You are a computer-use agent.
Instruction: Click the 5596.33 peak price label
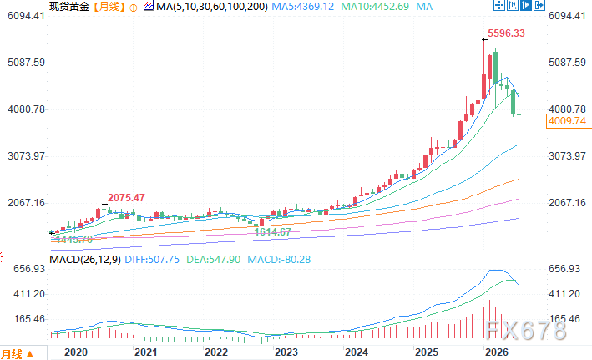506,33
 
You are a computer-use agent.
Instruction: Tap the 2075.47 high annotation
126,198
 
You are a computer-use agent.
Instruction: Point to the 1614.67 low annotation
272,232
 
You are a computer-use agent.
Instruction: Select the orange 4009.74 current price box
569,121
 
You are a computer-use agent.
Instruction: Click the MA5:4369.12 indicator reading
303,7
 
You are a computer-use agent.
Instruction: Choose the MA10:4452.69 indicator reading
375,7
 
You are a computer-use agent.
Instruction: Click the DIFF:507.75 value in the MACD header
152,260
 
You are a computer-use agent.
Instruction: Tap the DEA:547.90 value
213,260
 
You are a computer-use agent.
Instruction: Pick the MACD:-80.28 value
279,260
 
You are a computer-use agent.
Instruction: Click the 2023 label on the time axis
286,352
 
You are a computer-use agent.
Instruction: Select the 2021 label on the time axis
146,352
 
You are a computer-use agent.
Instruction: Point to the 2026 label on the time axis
497,352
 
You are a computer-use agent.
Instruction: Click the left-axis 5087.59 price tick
26,63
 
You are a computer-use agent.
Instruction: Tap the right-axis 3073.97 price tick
567,156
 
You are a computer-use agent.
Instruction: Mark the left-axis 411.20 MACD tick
29,294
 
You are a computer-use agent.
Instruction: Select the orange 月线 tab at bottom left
12,354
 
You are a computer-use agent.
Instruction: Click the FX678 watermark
526,331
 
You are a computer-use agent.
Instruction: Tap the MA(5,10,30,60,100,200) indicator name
212,7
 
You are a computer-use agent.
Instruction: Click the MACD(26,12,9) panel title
85,260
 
